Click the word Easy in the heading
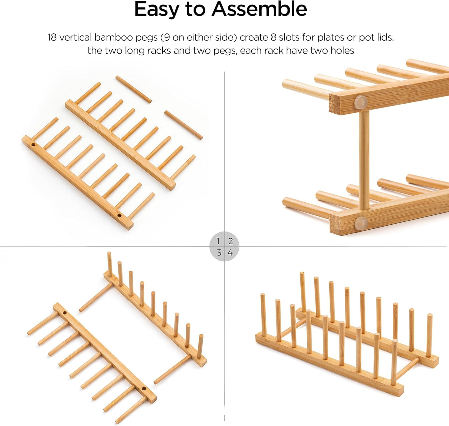(157, 10)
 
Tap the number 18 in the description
(52, 38)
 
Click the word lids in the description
(385, 38)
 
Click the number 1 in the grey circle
(218, 241)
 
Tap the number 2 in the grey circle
(230, 241)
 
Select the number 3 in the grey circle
(219, 253)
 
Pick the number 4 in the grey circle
(230, 253)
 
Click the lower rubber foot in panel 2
(361, 222)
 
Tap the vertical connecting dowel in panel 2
(364, 160)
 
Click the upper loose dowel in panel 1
(134, 89)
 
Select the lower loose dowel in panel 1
(183, 125)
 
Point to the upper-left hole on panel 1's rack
(33, 145)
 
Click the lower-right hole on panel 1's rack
(119, 215)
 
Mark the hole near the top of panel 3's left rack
(65, 312)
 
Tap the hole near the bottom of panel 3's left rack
(144, 389)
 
